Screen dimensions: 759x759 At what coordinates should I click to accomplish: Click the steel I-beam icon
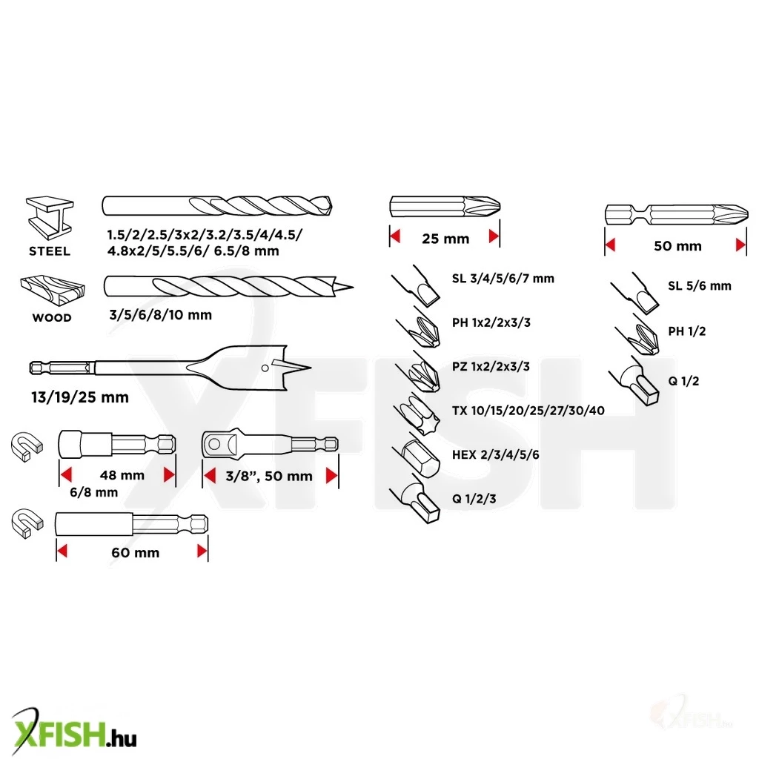[50, 218]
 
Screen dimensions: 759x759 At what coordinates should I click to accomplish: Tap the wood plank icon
[53, 290]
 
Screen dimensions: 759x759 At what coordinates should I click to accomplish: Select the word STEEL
[50, 251]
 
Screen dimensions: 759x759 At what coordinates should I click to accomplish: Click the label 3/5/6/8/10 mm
[161, 315]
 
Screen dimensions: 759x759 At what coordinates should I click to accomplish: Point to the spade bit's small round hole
[265, 368]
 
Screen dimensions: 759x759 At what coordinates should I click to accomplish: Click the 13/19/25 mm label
[80, 397]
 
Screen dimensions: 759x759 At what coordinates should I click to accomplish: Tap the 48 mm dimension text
[122, 475]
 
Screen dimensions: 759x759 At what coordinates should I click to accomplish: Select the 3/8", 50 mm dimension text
[269, 477]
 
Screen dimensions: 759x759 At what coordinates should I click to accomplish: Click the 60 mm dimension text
[136, 553]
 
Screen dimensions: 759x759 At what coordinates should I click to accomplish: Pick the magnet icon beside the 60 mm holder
[27, 523]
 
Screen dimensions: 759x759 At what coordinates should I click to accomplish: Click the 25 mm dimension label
[445, 239]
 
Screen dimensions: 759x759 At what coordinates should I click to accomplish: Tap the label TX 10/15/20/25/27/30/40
[528, 411]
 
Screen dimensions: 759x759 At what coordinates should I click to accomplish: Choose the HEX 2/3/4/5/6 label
[496, 455]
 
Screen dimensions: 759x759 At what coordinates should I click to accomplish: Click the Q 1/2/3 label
[474, 499]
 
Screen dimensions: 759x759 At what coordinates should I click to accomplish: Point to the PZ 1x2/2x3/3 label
[491, 367]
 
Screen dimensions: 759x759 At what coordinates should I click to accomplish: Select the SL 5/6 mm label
[700, 286]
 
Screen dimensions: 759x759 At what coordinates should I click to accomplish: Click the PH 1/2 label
[687, 331]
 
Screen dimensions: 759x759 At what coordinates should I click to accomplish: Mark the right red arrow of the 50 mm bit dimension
[740, 245]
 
